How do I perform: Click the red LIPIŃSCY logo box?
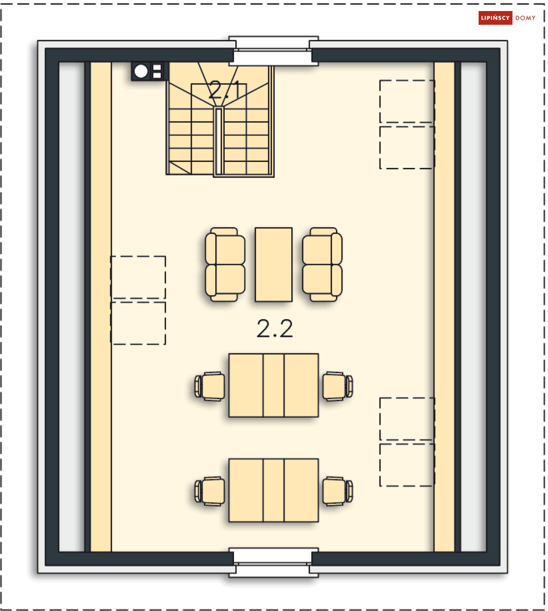click(x=495, y=18)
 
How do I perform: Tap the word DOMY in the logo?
click(x=525, y=18)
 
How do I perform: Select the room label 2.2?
click(x=275, y=329)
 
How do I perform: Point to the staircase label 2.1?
click(x=225, y=90)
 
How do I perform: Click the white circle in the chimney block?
click(x=141, y=72)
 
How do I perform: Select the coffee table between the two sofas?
click(x=274, y=265)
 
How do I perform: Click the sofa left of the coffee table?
click(x=225, y=265)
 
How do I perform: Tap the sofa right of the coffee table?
click(x=322, y=265)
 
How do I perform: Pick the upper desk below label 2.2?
click(x=274, y=385)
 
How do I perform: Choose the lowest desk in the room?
click(x=274, y=490)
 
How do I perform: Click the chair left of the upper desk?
click(x=210, y=386)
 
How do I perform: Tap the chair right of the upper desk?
click(x=338, y=386)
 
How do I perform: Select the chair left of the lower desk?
click(x=210, y=491)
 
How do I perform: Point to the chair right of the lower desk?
click(x=338, y=491)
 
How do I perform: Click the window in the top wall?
click(x=274, y=51)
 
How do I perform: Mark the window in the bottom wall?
click(x=274, y=563)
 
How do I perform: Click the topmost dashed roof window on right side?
click(x=407, y=101)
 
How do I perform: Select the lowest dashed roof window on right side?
click(x=407, y=465)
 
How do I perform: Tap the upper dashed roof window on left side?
click(x=138, y=277)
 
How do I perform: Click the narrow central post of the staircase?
click(x=219, y=141)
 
